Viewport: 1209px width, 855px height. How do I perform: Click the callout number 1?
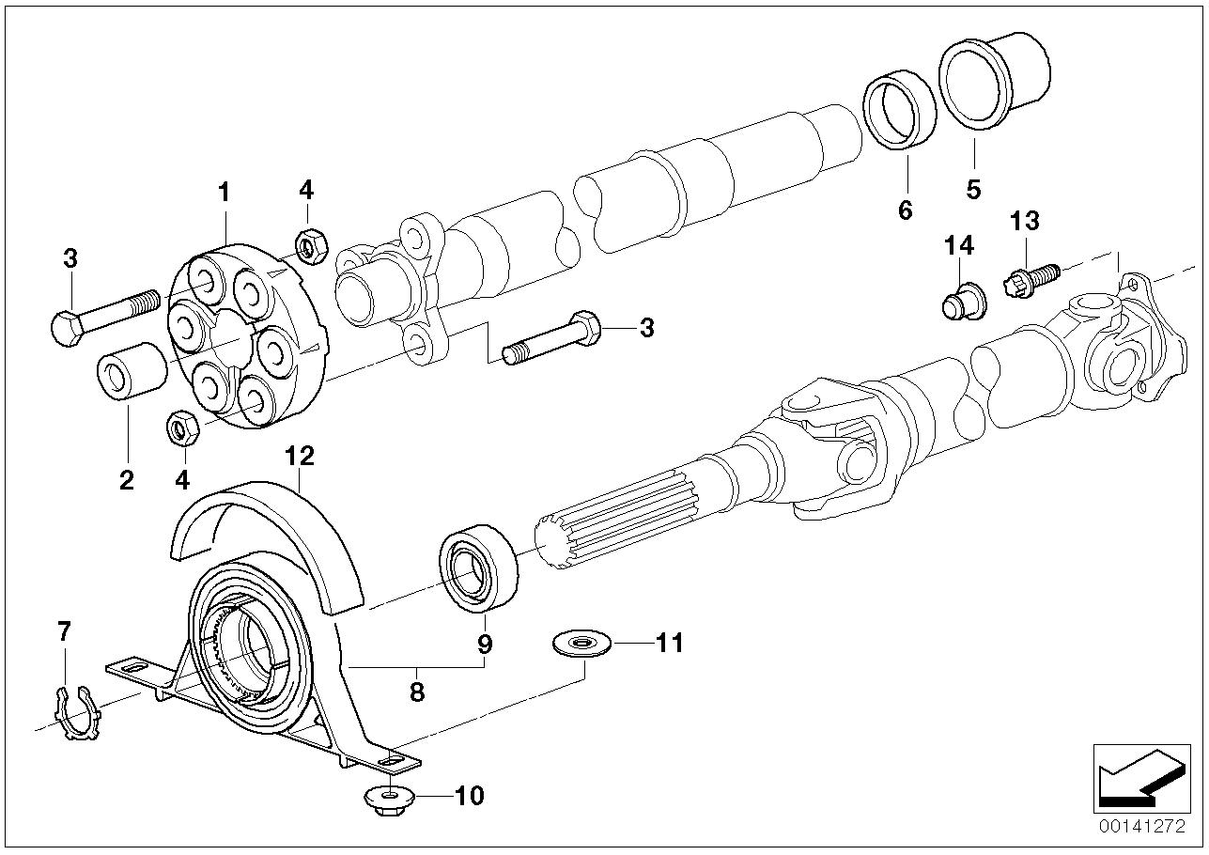(x=224, y=194)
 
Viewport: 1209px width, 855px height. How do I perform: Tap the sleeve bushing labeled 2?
(x=132, y=375)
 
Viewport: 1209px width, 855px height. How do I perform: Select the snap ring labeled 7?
(x=76, y=718)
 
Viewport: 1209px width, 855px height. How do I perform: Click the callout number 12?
(x=300, y=457)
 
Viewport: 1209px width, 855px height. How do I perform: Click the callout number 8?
(x=417, y=692)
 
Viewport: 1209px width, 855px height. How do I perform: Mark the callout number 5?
(x=973, y=189)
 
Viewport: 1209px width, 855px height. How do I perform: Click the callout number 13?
(x=1025, y=222)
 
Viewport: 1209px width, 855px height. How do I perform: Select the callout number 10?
(x=469, y=797)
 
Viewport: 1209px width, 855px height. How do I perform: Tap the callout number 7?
(x=63, y=631)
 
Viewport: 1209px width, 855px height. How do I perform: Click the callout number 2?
(x=126, y=480)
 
